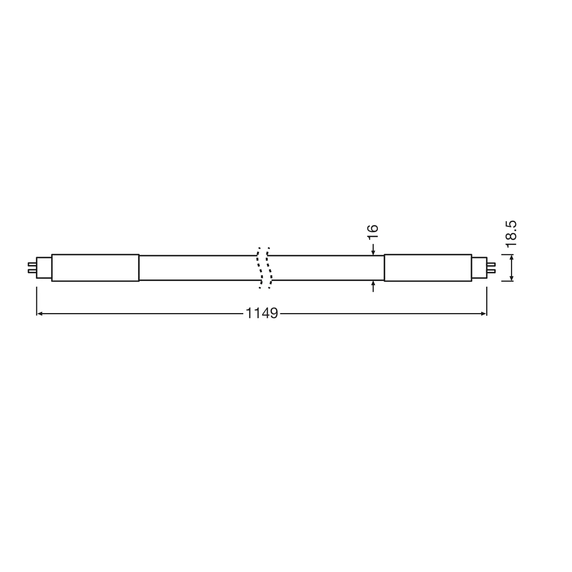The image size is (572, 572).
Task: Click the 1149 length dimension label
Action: pyautogui.click(x=262, y=314)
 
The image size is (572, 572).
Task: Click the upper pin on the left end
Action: pyautogui.click(x=31, y=265)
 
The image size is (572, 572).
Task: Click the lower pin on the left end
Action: pyautogui.click(x=31, y=272)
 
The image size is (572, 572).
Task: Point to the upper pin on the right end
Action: pyautogui.click(x=492, y=265)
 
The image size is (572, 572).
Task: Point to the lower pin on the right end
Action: pyautogui.click(x=492, y=272)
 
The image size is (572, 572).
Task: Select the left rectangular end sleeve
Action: pyautogui.click(x=95, y=268)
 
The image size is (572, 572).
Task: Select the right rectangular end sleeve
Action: pyautogui.click(x=428, y=268)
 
